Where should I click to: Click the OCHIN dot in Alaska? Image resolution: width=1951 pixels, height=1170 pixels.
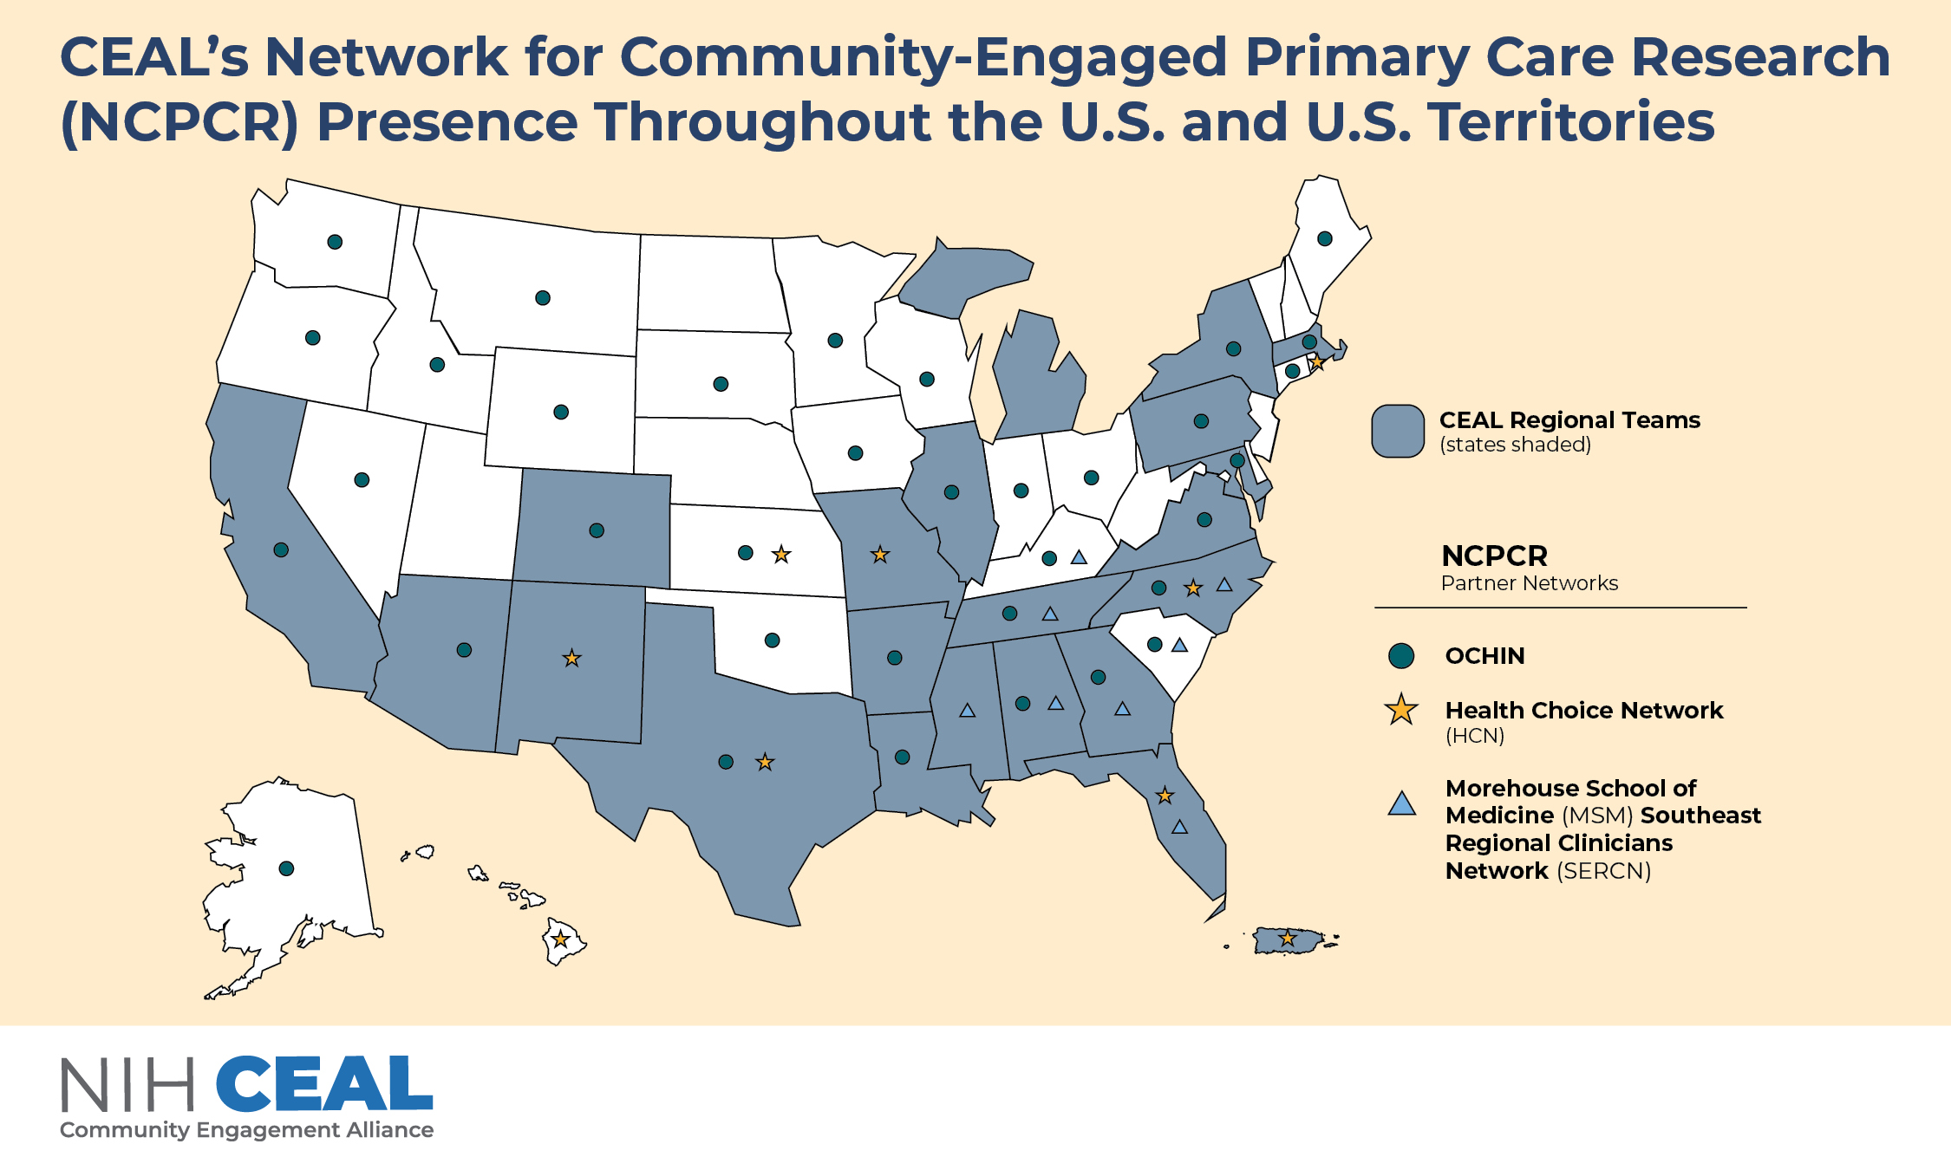[286, 868]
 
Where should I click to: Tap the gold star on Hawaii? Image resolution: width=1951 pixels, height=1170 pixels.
[561, 939]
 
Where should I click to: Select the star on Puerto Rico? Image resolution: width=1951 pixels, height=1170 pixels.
[1288, 939]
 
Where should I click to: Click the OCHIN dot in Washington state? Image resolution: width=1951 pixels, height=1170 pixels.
[335, 242]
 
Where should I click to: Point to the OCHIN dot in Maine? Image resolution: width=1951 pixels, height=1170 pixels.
[1325, 238]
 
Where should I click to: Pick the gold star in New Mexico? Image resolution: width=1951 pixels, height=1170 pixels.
[571, 659]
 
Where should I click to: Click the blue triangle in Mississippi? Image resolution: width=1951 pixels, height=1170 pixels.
[968, 711]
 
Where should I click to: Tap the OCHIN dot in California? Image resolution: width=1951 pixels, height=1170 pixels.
[281, 549]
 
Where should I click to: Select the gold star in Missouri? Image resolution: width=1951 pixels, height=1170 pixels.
[880, 555]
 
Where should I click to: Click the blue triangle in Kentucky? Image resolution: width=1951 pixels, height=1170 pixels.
[1079, 557]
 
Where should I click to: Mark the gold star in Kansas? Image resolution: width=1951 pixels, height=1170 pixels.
[781, 554]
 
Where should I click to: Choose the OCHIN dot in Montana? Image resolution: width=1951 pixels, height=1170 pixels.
[543, 298]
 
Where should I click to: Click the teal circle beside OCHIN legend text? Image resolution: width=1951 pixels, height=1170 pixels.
[1401, 656]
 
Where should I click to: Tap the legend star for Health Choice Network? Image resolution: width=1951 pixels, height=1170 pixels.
[1401, 710]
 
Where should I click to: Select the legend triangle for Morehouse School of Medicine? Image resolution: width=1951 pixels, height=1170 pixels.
[1401, 804]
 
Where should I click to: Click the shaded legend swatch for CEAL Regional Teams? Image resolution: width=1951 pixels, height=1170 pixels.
[1398, 431]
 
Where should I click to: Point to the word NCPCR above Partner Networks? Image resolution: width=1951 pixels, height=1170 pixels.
[1494, 556]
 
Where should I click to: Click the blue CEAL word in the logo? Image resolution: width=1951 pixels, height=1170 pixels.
[324, 1084]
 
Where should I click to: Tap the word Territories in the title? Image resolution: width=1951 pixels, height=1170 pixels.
[1570, 121]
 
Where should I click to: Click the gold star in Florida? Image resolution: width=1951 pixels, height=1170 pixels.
[1165, 796]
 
